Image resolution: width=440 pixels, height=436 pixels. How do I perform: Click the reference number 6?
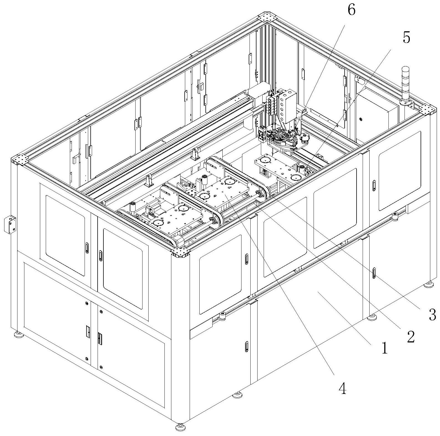(x=351, y=11)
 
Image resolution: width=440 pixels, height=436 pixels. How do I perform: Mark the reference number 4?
(x=343, y=389)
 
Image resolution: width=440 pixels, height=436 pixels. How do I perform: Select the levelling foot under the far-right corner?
(x=429, y=284)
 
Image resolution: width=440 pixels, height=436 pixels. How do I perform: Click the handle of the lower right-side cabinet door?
(x=374, y=273)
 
